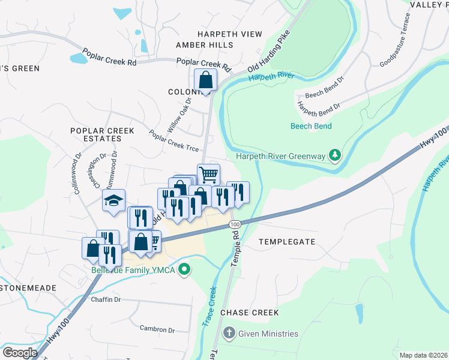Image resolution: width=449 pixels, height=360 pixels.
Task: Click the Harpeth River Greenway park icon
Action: point(336,156)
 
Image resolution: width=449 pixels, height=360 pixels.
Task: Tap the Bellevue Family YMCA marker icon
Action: point(185,271)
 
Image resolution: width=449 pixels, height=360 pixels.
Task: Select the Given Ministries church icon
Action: point(229,334)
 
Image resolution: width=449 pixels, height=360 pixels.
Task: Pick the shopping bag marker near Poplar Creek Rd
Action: point(205,79)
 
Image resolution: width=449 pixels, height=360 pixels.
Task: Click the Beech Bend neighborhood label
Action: point(311,126)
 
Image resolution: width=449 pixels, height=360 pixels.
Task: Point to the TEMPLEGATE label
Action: point(287,241)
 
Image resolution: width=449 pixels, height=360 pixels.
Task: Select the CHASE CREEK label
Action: point(250,313)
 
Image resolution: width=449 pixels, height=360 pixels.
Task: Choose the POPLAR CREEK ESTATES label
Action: point(95,134)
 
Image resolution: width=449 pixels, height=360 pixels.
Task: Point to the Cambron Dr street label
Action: point(157,329)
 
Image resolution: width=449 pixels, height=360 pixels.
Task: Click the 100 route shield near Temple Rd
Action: point(234,224)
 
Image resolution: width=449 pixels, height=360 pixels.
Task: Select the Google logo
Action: point(20,353)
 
